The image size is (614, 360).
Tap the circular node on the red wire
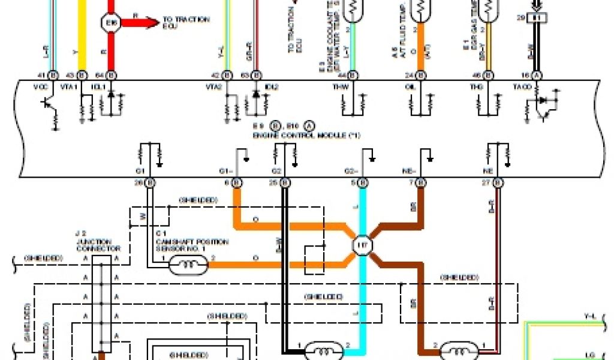(x=110, y=23)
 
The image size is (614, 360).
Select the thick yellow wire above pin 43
(x=83, y=36)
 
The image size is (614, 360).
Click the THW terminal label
(x=340, y=86)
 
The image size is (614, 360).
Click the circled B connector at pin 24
(x=421, y=75)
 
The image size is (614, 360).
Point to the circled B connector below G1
(x=150, y=182)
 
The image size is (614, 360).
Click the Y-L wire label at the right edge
(x=589, y=315)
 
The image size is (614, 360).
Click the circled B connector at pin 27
(x=495, y=182)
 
